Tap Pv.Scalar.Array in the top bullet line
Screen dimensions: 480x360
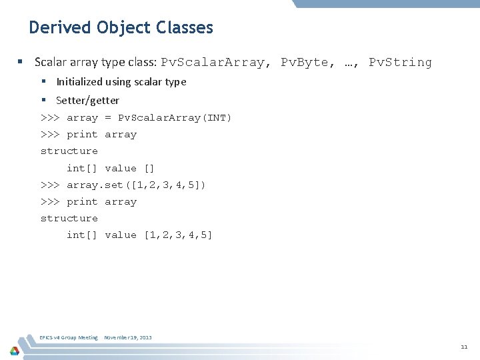coord(213,63)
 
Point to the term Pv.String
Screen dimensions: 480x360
coord(400,63)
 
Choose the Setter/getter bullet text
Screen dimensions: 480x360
coord(87,101)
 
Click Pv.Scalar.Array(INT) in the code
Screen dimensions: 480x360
coord(175,118)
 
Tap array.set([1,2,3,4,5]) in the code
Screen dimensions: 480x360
coord(136,185)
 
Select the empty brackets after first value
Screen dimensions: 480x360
coord(149,168)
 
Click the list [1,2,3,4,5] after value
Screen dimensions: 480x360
coord(178,235)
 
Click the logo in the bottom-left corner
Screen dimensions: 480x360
coord(14,350)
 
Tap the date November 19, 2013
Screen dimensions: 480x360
coord(127,337)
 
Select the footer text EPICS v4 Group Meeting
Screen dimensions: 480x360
coord(69,337)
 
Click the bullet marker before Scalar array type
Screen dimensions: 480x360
coord(21,63)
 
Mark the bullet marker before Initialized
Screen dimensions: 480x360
coord(43,82)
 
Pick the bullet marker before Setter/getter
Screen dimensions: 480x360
coord(43,101)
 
